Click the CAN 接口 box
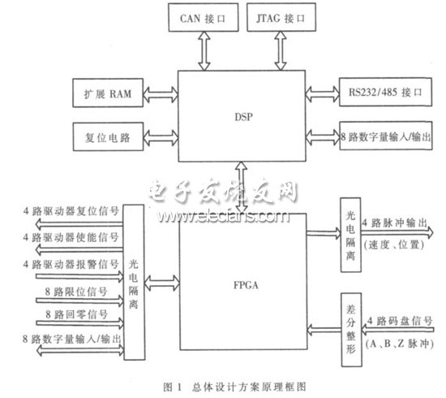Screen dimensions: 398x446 pyautogui.click(x=199, y=15)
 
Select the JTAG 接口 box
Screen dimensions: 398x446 pyautogui.click(x=281, y=15)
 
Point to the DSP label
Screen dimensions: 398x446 pyautogui.click(x=242, y=116)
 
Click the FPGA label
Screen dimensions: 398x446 pyautogui.click(x=242, y=285)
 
